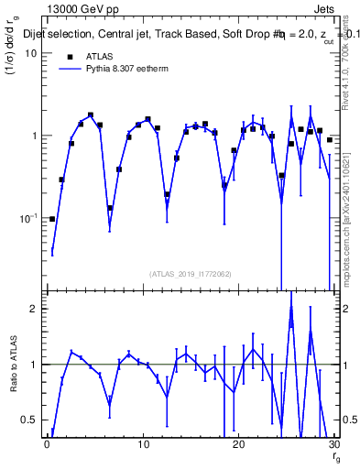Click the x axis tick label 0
point(47,444)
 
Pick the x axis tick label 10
point(143,444)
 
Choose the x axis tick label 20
point(239,444)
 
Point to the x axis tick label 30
point(333,444)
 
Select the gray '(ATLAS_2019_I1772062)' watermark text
point(191,273)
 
